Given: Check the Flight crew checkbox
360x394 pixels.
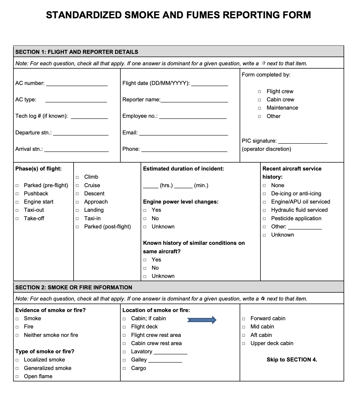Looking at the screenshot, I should [x=259, y=92].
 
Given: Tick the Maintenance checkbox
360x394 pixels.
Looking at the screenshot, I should [x=259, y=108].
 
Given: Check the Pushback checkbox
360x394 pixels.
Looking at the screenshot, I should [x=17, y=194].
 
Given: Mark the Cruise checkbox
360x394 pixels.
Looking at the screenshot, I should [x=77, y=186].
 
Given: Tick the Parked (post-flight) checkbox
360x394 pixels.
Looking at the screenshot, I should [x=77, y=227].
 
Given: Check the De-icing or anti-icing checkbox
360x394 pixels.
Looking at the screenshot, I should [x=264, y=194].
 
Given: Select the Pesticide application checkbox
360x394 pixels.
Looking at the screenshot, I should [x=264, y=219].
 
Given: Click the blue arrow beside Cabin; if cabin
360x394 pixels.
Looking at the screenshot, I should [x=202, y=320].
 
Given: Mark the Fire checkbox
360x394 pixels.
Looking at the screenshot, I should [x=17, y=327].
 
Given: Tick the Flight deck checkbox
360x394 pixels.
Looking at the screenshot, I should [x=124, y=327].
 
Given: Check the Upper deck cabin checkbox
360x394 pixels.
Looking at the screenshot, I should [x=243, y=343].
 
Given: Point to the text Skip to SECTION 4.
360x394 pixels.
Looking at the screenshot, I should [x=292, y=360].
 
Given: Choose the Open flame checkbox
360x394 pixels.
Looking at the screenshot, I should [x=17, y=377].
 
